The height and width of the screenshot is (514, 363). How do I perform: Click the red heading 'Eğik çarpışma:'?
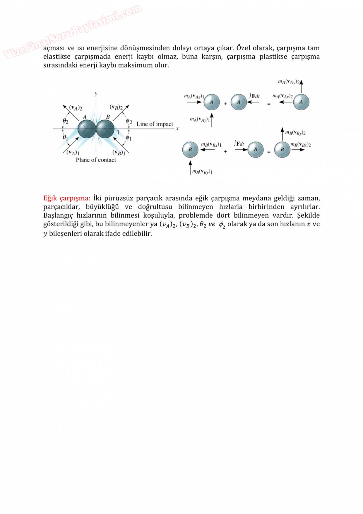point(66,198)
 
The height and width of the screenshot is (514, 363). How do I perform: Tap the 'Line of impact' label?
point(155,124)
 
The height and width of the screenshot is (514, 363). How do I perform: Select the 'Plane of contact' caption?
point(96,160)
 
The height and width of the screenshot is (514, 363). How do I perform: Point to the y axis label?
point(96,94)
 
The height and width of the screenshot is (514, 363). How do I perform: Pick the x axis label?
point(177,129)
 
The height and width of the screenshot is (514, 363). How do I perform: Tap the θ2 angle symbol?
point(65,121)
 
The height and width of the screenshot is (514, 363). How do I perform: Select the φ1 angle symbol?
point(129,138)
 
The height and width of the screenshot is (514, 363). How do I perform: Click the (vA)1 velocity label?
point(73,152)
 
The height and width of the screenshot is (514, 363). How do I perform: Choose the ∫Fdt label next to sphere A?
point(254,96)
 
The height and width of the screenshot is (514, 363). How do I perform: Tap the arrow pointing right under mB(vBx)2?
point(298,150)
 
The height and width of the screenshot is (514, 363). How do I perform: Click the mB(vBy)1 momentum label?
point(202,172)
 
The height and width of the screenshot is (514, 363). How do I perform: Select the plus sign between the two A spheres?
point(225,104)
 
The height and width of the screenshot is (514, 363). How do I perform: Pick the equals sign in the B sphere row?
point(269,152)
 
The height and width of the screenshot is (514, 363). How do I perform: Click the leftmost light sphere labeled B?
point(190,150)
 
